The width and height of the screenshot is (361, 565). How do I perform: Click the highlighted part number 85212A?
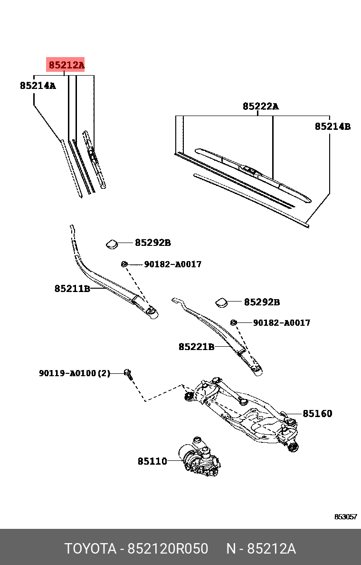click(x=66, y=65)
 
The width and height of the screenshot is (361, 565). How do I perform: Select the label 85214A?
click(x=38, y=86)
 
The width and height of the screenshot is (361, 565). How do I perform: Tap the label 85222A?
click(x=261, y=107)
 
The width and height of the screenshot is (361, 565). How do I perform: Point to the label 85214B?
click(x=332, y=127)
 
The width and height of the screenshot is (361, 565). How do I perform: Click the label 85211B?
click(x=72, y=289)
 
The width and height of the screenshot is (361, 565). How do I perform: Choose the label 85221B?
click(x=197, y=347)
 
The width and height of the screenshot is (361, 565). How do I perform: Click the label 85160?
click(x=317, y=413)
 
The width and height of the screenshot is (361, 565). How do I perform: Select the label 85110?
click(x=152, y=461)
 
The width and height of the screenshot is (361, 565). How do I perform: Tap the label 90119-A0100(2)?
click(x=75, y=373)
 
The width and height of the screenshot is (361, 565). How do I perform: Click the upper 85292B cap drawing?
click(x=112, y=244)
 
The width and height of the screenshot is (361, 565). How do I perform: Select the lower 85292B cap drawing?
click(x=222, y=302)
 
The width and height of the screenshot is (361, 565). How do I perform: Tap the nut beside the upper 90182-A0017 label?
click(x=124, y=264)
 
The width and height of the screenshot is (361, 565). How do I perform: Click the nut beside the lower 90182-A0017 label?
click(x=233, y=322)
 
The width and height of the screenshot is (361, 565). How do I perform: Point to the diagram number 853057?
click(x=345, y=516)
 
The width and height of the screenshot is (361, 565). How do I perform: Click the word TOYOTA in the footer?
click(x=90, y=549)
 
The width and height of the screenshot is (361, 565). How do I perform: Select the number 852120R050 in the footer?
click(x=168, y=549)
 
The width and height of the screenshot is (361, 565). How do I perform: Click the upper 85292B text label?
click(x=153, y=243)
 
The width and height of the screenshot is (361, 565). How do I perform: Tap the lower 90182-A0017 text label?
click(x=282, y=323)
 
